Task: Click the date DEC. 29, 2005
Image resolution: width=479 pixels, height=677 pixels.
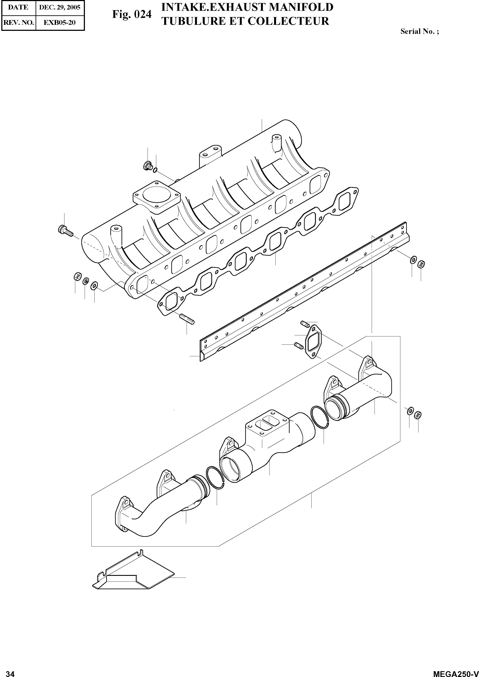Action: click(60, 7)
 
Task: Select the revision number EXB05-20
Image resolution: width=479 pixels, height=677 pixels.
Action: click(60, 22)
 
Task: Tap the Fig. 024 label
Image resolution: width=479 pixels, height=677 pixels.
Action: click(132, 14)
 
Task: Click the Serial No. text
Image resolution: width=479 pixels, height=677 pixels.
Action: click(419, 31)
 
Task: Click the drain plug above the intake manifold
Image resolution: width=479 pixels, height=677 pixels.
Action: click(147, 166)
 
